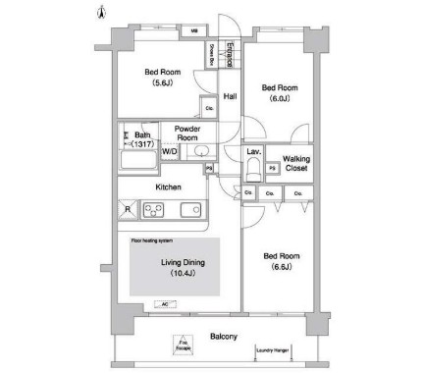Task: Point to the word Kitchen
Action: (x=168, y=186)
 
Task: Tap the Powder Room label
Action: (x=187, y=133)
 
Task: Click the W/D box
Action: (x=169, y=152)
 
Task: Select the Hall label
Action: (x=231, y=96)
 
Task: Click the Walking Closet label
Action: (x=296, y=164)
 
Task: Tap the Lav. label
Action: (x=253, y=151)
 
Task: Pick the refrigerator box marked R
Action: (x=127, y=209)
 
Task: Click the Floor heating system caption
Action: (x=152, y=239)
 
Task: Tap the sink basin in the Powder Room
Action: (x=185, y=152)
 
